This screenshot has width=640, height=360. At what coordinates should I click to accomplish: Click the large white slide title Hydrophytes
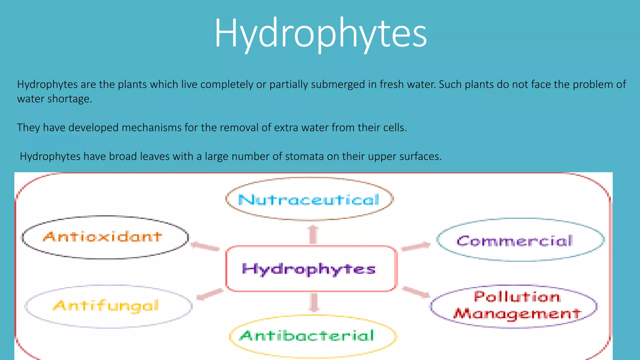320,33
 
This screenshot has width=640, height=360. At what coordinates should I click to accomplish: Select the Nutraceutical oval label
309,199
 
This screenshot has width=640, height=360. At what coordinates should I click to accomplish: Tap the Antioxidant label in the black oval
103,237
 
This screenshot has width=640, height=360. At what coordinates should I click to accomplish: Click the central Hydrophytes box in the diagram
309,269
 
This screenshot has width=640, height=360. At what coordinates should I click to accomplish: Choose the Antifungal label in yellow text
106,306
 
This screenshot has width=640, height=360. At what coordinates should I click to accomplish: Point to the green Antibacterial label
307,336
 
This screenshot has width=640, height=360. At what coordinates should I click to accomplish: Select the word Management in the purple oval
517,313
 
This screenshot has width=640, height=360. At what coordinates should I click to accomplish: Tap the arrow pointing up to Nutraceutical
313,234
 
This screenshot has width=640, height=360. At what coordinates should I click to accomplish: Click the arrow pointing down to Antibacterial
314,302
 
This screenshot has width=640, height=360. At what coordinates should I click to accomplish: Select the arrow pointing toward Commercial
416,247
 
